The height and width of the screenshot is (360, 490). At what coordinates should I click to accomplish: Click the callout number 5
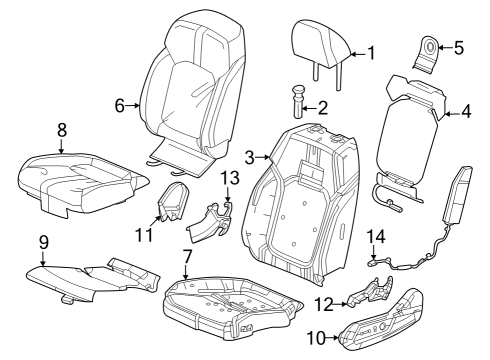pyautogui.click(x=459, y=46)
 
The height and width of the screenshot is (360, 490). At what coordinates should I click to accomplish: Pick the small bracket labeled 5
pyautogui.click(x=432, y=50)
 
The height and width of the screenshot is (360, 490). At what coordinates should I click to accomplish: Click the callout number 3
pyautogui.click(x=250, y=156)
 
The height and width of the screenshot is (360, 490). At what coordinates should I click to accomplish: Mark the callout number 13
pyautogui.click(x=229, y=177)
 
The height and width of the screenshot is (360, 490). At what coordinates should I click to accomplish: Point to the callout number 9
pyautogui.click(x=43, y=241)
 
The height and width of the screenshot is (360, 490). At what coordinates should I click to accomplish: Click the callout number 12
pyautogui.click(x=324, y=304)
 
